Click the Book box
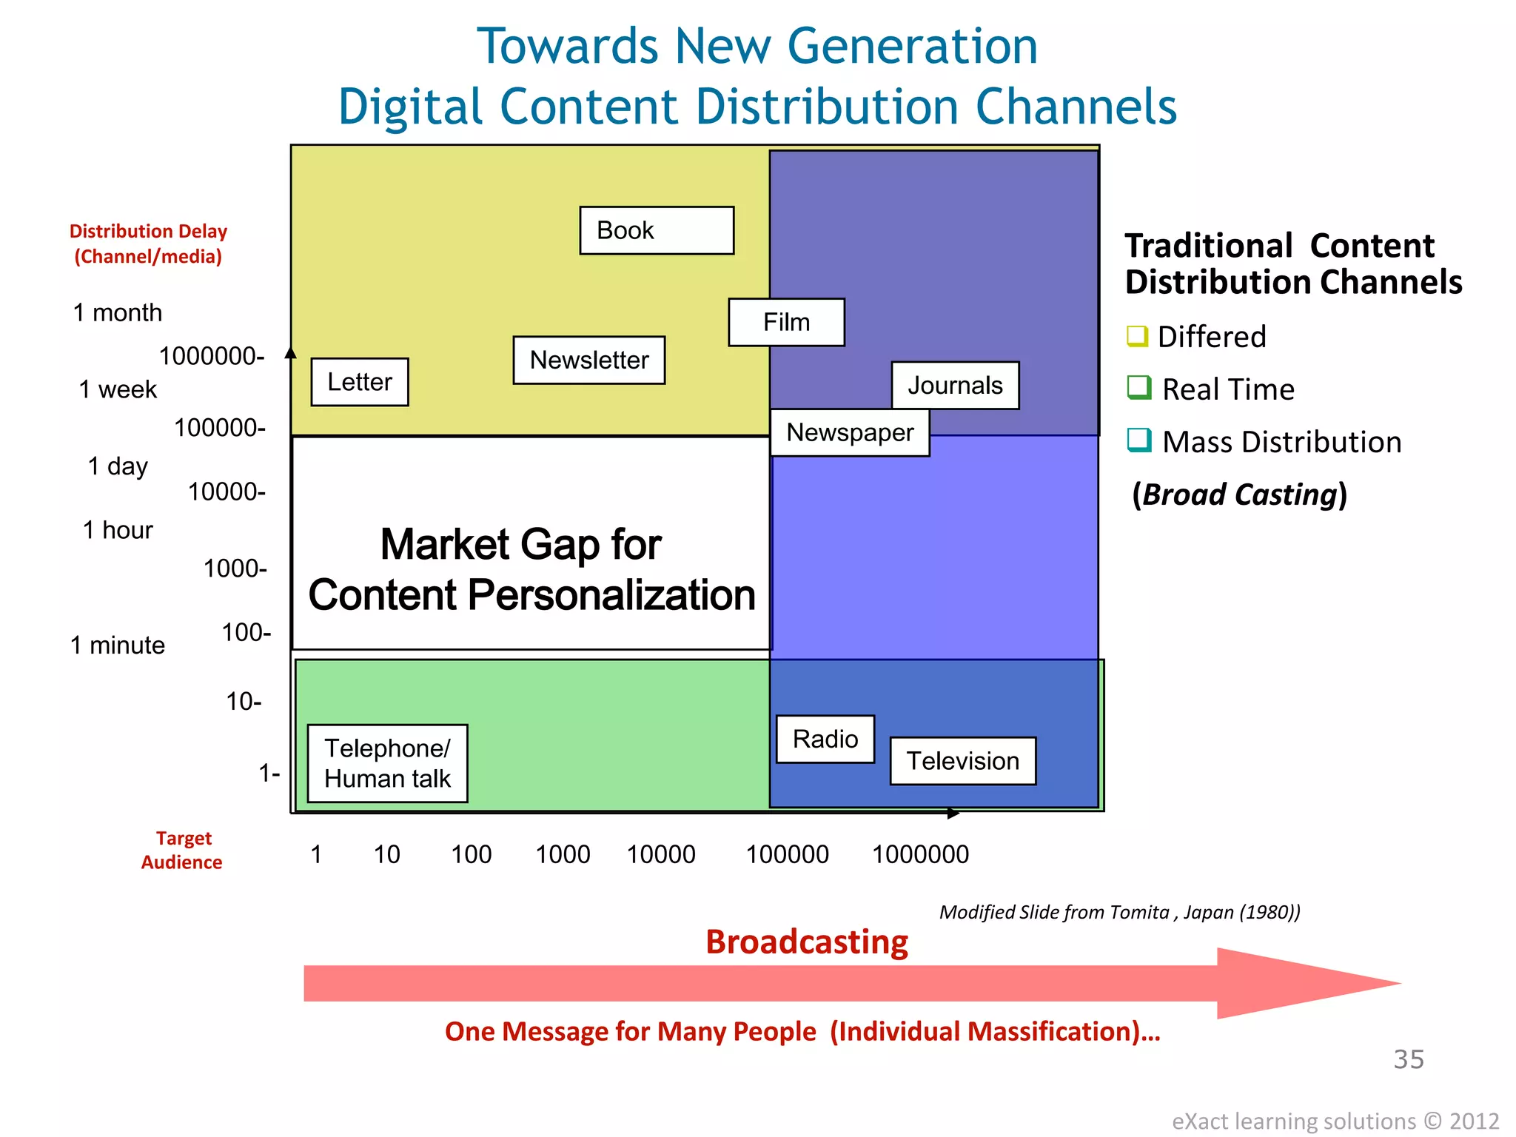tap(657, 230)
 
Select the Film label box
tap(786, 322)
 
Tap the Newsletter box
tap(589, 360)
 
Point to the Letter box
tap(360, 382)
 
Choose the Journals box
tap(955, 386)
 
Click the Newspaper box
tap(850, 433)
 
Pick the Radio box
tap(825, 739)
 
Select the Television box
tap(962, 761)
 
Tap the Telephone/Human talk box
tap(387, 763)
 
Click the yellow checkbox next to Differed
tap(1137, 336)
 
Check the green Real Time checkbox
tap(1138, 387)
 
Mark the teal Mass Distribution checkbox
tap(1138, 440)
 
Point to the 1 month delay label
tap(117, 312)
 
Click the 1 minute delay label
tap(117, 645)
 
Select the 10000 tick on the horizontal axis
tap(661, 855)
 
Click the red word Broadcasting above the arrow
tap(806, 942)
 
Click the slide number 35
tap(1408, 1059)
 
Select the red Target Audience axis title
tap(182, 850)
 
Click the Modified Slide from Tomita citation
tap(1119, 912)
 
